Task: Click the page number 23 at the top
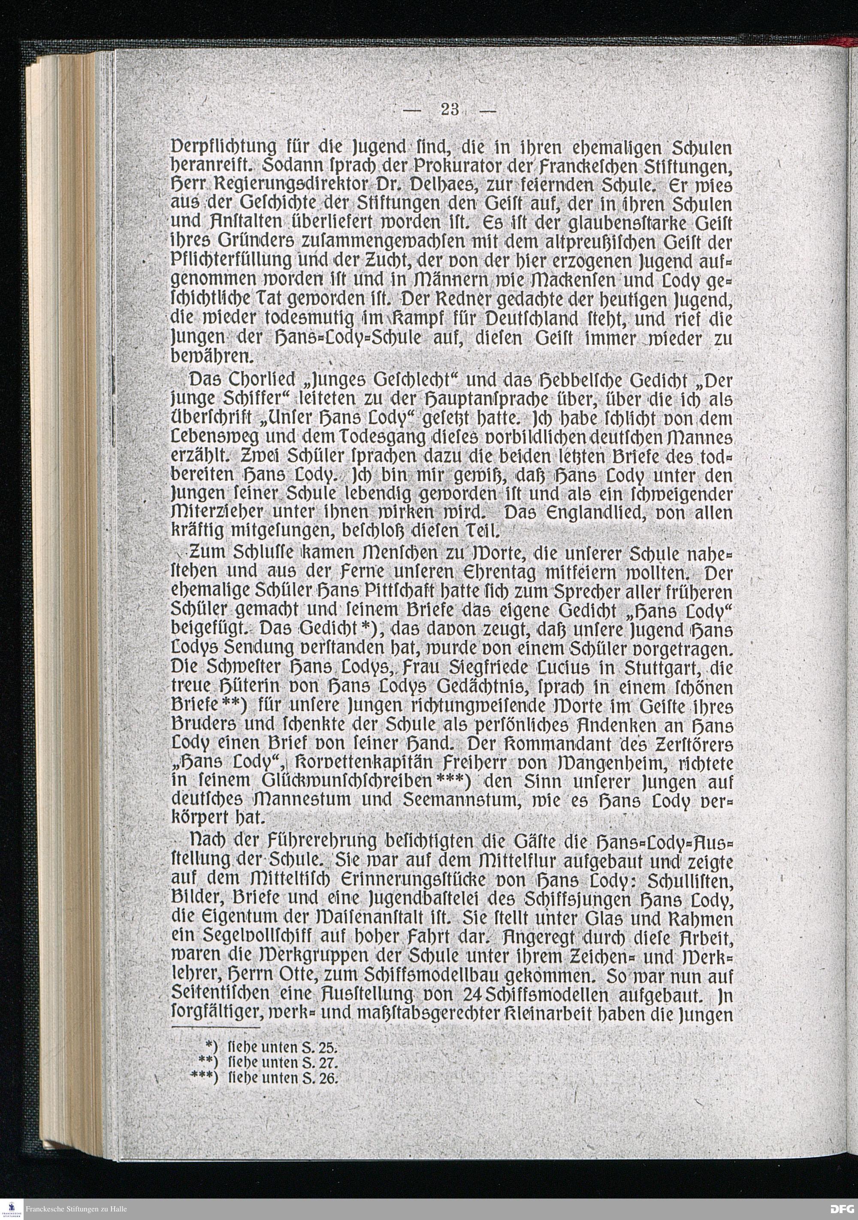[x=450, y=111]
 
